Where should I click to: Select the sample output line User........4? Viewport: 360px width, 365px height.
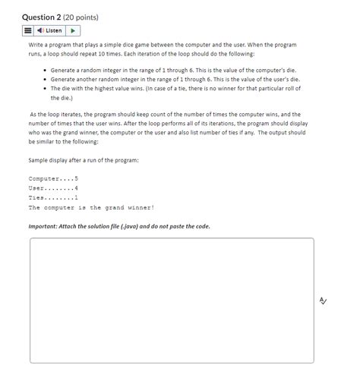pyautogui.click(x=53, y=187)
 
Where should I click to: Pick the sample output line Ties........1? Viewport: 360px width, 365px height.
pyautogui.click(x=53, y=197)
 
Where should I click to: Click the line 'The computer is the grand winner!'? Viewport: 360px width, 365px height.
pyautogui.click(x=91, y=207)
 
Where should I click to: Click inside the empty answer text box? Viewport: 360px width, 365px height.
pyautogui.click(x=172, y=300)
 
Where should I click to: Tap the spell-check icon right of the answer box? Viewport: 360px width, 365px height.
pyautogui.click(x=324, y=301)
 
